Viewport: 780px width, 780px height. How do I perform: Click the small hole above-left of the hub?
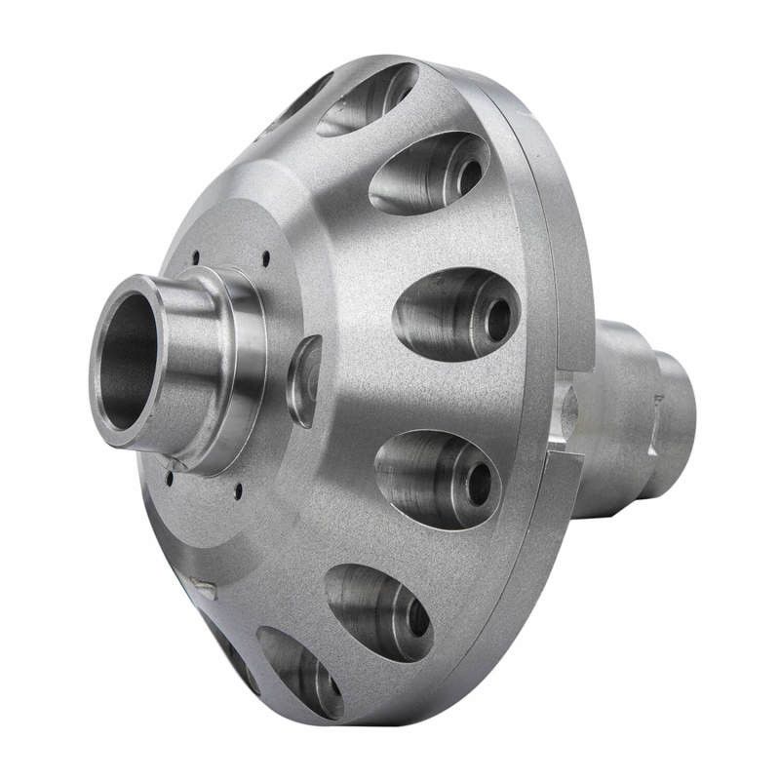click(x=195, y=257)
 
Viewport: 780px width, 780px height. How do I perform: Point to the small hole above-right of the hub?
click(x=265, y=257)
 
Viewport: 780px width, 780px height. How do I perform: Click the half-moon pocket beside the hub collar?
click(x=304, y=380)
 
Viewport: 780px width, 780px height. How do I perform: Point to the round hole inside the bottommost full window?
click(x=416, y=617)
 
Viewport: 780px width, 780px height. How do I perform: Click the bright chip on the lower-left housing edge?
click(x=206, y=587)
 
